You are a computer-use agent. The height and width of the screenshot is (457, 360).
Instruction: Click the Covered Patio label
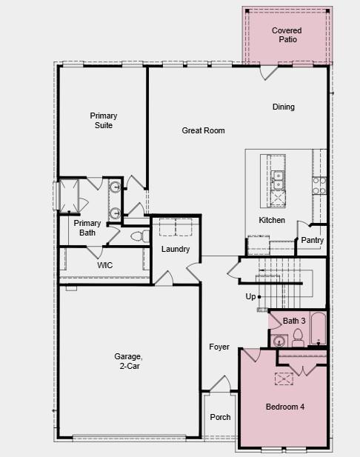pyautogui.click(x=286, y=35)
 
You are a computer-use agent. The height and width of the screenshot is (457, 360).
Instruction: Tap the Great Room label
pyautogui.click(x=203, y=130)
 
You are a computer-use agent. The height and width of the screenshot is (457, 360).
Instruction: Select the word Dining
pyautogui.click(x=283, y=107)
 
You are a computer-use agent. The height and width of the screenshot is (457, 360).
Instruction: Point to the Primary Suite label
pyautogui.click(x=104, y=121)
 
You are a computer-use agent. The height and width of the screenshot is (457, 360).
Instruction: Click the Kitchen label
pyautogui.click(x=271, y=220)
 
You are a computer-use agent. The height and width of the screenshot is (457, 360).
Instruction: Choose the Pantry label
pyautogui.click(x=312, y=240)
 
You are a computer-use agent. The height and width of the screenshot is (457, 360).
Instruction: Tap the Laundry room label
pyautogui.click(x=176, y=249)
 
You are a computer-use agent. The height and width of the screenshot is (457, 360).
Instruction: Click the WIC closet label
pyautogui.click(x=104, y=264)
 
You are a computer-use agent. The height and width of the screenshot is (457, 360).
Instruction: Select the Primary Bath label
pyautogui.click(x=87, y=228)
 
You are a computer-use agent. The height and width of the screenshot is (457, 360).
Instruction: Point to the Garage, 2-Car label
pyautogui.click(x=128, y=361)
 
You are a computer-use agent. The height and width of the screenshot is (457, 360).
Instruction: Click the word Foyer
pyautogui.click(x=219, y=347)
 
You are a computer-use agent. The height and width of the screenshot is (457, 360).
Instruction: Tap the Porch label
pyautogui.click(x=220, y=417)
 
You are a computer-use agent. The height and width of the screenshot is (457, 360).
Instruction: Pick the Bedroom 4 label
pyautogui.click(x=285, y=407)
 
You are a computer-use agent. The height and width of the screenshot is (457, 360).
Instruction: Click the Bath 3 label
pyautogui.click(x=294, y=320)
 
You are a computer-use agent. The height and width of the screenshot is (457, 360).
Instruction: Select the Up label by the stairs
pyautogui.click(x=250, y=296)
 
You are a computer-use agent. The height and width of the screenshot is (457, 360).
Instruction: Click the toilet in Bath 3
pyautogui.click(x=298, y=338)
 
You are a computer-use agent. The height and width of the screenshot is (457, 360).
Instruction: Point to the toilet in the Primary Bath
pyautogui.click(x=137, y=236)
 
